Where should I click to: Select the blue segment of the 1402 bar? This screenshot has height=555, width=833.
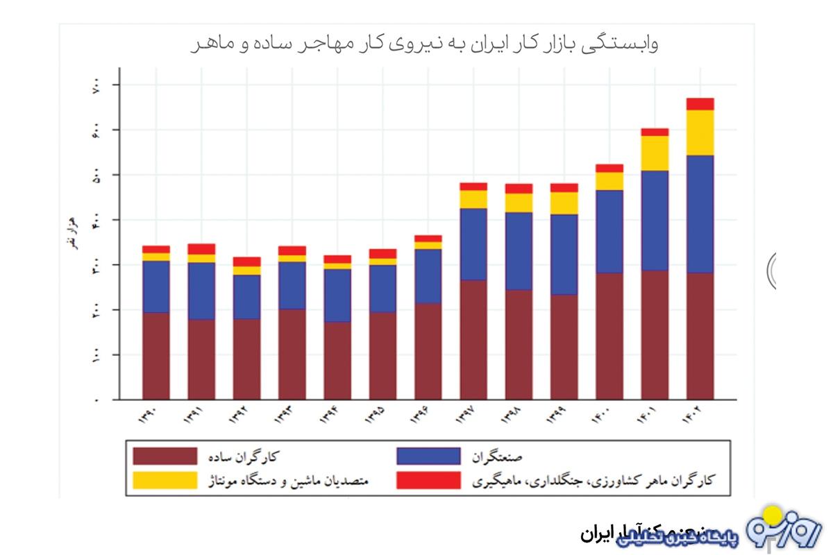click(x=700, y=214)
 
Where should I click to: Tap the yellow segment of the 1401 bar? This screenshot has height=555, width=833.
click(x=655, y=153)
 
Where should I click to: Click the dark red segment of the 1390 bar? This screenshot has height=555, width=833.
click(x=156, y=356)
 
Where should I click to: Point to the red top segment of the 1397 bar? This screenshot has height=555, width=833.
click(x=473, y=186)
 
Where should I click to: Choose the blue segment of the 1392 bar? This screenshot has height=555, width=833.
click(x=246, y=297)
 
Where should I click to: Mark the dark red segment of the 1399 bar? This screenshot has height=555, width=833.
click(x=564, y=347)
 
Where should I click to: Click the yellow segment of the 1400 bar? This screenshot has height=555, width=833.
click(x=609, y=180)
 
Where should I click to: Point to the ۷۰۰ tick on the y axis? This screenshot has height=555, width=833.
click(x=96, y=85)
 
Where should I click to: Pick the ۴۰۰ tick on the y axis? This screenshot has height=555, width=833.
click(x=96, y=220)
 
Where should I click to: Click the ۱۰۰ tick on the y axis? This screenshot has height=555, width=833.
click(x=96, y=355)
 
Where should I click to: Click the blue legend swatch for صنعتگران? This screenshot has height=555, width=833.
click(x=428, y=456)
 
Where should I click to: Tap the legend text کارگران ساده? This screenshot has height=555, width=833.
click(x=246, y=456)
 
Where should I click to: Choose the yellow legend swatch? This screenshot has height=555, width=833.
click(x=165, y=480)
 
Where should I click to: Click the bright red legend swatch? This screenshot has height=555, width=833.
click(x=428, y=480)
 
